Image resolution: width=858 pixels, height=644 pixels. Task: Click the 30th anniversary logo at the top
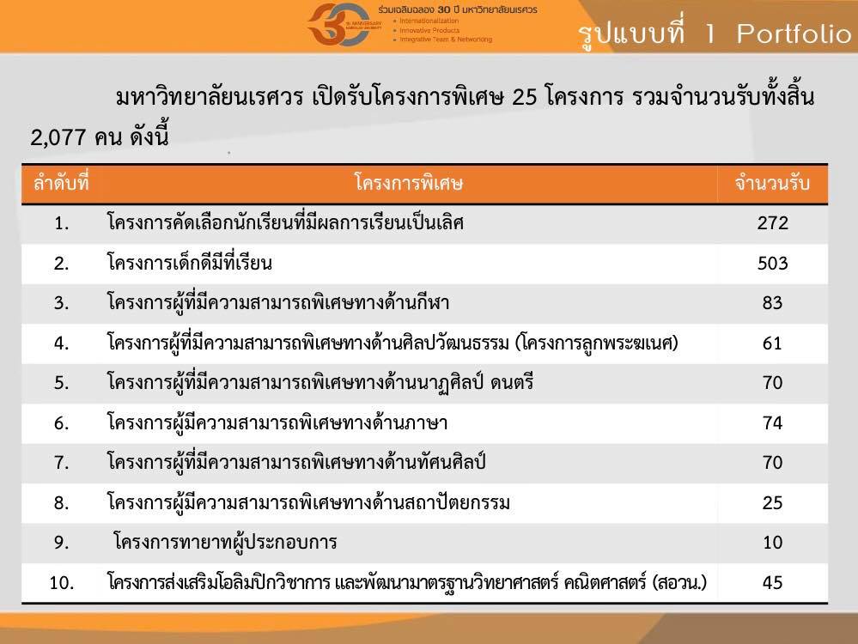[339, 25]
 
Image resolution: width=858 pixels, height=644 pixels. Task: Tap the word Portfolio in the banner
[794, 34]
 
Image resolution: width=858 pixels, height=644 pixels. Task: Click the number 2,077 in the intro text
[58, 137]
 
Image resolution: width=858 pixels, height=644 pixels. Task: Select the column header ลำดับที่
[61, 182]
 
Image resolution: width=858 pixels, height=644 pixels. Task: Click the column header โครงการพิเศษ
[408, 183]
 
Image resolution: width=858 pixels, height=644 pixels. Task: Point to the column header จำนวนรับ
[772, 183]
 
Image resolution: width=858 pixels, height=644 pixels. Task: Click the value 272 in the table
[773, 222]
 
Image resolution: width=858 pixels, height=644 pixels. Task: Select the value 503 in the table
[773, 263]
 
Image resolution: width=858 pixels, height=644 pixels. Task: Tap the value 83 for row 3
[773, 302]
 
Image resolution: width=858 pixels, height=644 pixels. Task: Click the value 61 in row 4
[772, 343]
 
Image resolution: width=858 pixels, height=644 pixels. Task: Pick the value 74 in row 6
[773, 422]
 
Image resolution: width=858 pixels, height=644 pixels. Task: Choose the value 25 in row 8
[773, 502]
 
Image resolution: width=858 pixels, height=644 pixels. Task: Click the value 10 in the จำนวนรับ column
[773, 542]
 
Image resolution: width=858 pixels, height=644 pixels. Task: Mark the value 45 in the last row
[773, 582]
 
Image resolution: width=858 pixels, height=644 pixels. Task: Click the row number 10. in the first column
[62, 583]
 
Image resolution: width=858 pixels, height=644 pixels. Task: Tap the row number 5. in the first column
[61, 382]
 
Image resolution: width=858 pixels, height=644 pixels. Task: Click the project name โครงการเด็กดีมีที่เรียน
[189, 263]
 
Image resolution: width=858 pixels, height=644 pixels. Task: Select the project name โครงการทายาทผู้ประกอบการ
[225, 542]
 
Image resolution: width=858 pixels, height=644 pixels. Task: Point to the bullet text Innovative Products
[429, 30]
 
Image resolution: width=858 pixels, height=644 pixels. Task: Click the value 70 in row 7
[773, 462]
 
